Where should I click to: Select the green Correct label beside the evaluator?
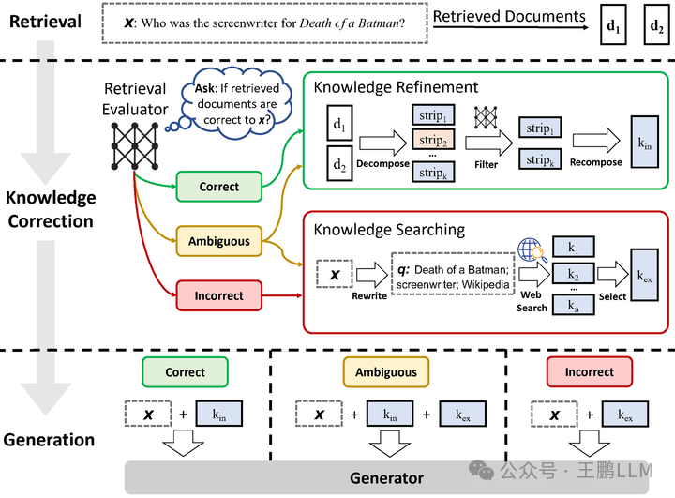click(218, 187)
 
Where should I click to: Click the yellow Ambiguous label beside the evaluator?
click(218, 241)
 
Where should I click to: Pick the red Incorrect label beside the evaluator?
click(218, 295)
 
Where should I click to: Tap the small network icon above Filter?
click(487, 117)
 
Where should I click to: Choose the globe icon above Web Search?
click(532, 250)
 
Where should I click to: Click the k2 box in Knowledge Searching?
click(574, 274)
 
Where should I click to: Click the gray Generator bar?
click(386, 477)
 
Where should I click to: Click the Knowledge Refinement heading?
click(396, 87)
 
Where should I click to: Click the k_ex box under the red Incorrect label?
click(623, 414)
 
